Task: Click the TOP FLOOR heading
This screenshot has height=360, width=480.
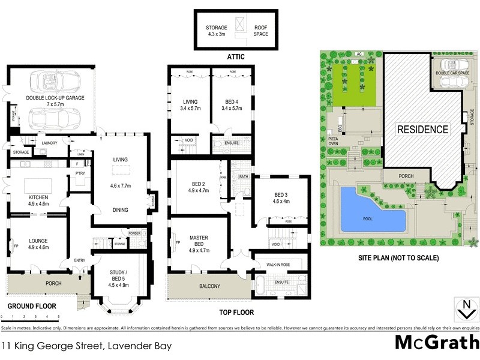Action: [236, 312]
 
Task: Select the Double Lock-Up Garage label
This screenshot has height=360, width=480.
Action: [55, 97]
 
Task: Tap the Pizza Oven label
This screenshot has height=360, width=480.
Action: [334, 142]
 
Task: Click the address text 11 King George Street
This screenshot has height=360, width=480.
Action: [54, 346]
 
